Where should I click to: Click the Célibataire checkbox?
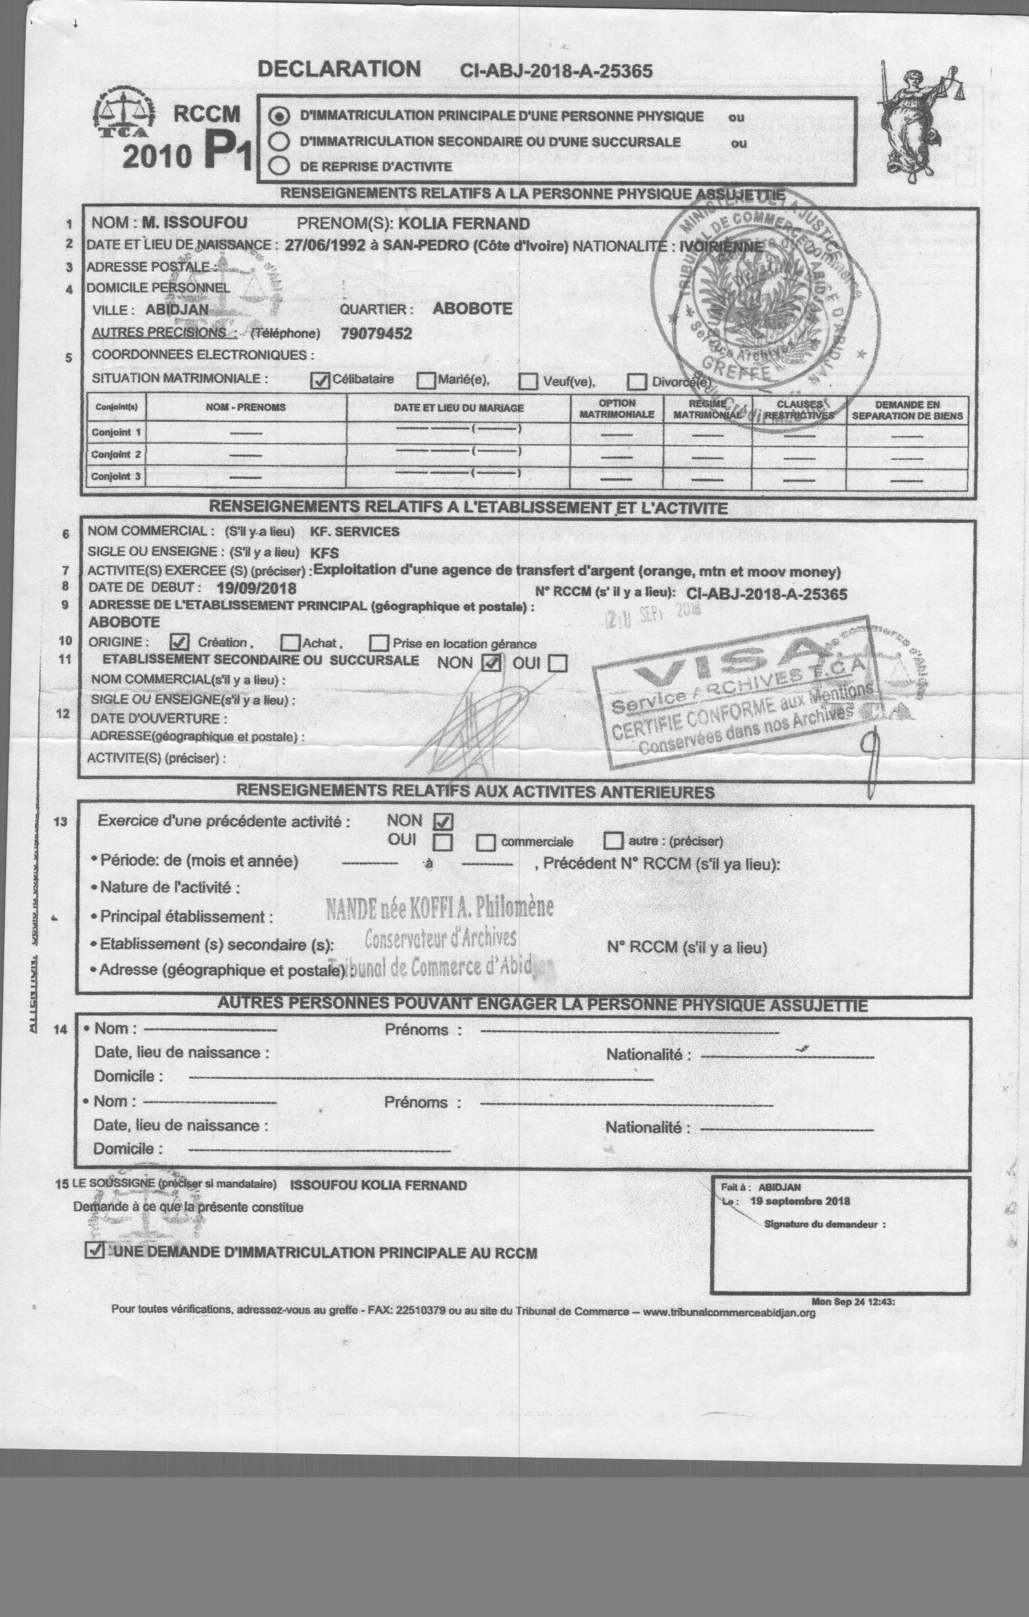tap(322, 381)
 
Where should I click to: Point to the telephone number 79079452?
tap(376, 334)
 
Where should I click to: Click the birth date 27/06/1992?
tap(325, 245)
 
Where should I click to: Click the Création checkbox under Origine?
tap(180, 642)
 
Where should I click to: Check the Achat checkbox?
tap(290, 643)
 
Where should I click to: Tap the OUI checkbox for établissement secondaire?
tap(557, 663)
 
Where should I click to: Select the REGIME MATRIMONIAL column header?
tap(707, 409)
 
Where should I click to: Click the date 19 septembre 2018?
tap(799, 1201)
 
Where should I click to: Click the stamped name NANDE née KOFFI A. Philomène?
tap(440, 908)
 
